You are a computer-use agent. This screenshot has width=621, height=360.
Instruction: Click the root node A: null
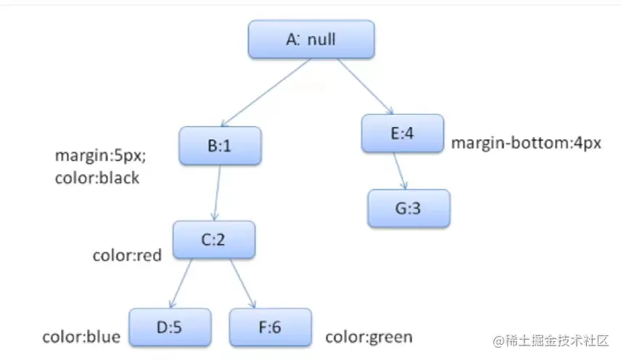coord(311,39)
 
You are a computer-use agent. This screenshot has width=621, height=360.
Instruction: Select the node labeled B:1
coord(219,145)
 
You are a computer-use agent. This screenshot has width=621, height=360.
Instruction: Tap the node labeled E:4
coord(402,133)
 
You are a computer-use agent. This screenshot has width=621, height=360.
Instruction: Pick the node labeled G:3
coord(409,209)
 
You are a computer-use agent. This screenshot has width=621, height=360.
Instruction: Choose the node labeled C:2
coord(214,240)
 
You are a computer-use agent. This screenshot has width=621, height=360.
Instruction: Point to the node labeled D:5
coord(170,327)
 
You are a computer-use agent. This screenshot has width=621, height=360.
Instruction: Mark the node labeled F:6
coord(270,327)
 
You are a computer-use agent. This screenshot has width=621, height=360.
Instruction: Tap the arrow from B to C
coord(217,192)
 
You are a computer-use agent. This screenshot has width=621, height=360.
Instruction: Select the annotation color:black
coord(96,178)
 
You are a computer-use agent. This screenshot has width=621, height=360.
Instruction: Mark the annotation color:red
coord(127,255)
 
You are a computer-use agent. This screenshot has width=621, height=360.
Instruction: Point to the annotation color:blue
coord(81,337)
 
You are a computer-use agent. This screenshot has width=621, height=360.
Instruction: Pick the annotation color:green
coord(369,337)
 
